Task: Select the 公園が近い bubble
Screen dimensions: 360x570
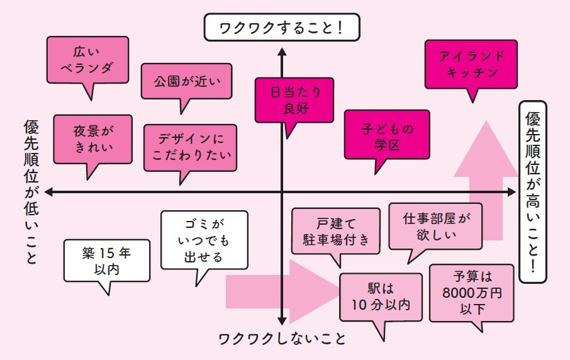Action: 184,81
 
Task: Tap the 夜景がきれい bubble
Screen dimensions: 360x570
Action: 92,138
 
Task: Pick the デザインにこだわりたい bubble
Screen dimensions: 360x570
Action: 190,147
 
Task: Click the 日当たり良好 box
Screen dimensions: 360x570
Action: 291,100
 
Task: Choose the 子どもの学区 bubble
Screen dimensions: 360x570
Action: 387,135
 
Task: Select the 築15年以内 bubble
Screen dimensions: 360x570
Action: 106,259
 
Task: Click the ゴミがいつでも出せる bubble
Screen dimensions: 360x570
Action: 204,240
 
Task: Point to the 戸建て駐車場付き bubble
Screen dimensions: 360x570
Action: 336,230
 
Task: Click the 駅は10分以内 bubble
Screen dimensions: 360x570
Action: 380,297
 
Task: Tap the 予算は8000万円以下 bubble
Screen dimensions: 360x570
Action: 471,293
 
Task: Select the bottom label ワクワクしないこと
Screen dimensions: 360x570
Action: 282,338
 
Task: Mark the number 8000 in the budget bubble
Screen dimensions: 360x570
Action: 459,293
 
